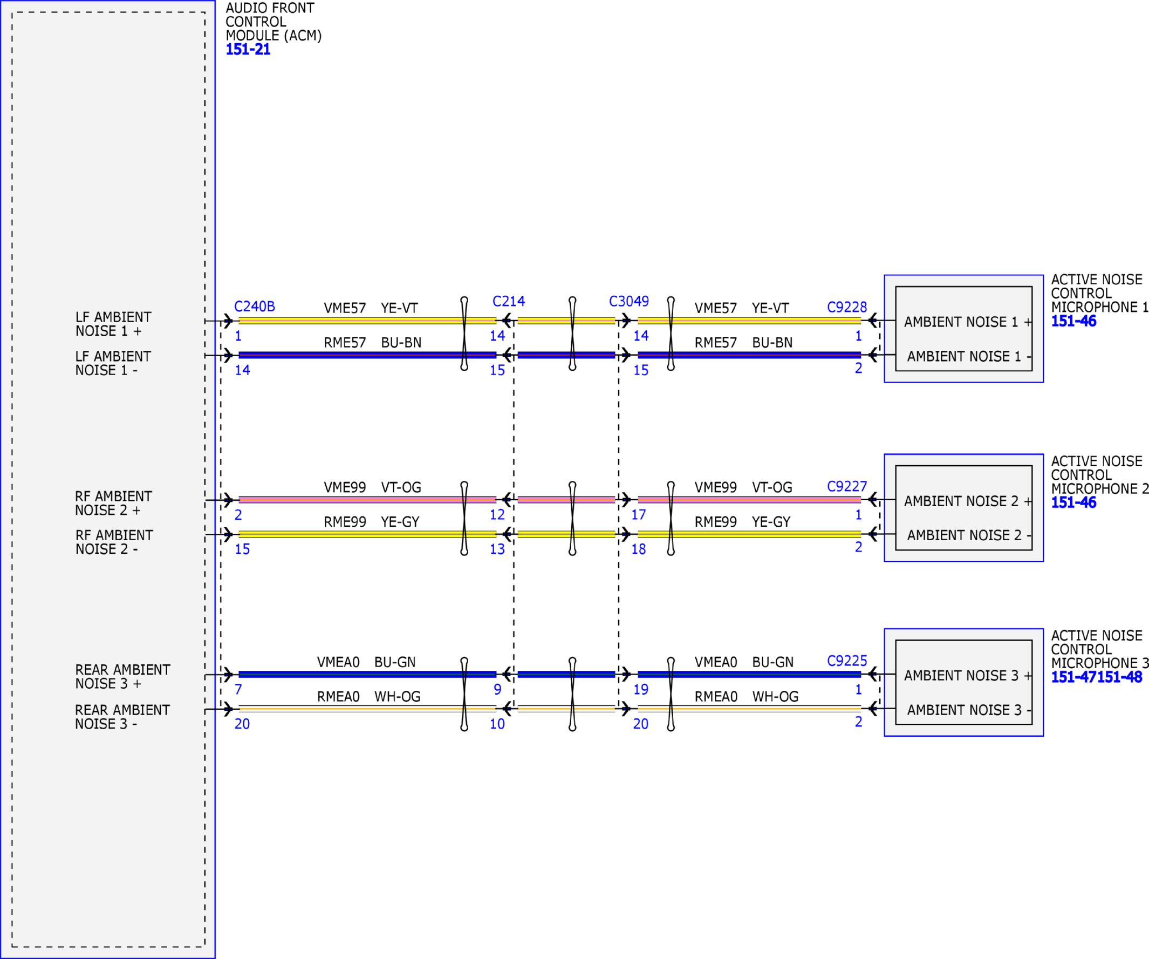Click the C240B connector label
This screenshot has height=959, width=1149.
(x=255, y=307)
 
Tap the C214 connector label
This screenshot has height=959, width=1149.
(x=508, y=302)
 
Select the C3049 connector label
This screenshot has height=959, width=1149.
(x=628, y=302)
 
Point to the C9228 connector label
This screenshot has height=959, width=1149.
(x=847, y=307)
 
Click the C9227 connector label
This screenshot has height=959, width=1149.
(x=847, y=487)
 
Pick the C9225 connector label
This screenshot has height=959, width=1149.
(x=847, y=661)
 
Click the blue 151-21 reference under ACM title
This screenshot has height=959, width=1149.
(x=248, y=49)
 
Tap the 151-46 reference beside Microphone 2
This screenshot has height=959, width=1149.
(x=1073, y=502)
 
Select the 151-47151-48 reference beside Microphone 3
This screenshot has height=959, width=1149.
(x=1097, y=677)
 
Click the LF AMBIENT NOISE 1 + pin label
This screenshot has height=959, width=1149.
(x=113, y=324)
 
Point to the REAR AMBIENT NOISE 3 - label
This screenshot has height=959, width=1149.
(x=122, y=717)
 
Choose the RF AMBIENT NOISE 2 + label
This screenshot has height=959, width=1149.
(x=114, y=503)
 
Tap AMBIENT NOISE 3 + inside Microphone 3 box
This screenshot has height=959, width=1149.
(x=968, y=676)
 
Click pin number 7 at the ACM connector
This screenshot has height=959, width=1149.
(x=238, y=690)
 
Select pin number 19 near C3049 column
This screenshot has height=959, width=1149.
(x=641, y=690)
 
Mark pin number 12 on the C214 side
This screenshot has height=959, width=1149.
(x=497, y=515)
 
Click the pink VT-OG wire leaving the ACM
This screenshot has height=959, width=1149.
(x=367, y=500)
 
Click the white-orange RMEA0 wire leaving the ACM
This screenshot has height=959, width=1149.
(x=367, y=709)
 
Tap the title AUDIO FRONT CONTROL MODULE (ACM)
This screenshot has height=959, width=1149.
(x=273, y=22)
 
